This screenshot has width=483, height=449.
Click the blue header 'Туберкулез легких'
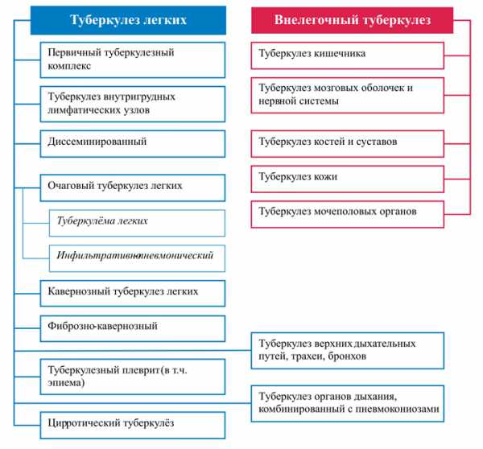pyautogui.click(x=128, y=20)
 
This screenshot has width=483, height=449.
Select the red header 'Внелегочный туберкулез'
pyautogui.click(x=352, y=20)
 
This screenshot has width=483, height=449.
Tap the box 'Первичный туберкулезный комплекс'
pyautogui.click(x=133, y=60)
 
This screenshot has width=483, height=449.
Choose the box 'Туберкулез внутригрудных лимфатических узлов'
pyautogui.click(x=133, y=104)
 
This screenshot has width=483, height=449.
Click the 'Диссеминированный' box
pyautogui.click(x=133, y=144)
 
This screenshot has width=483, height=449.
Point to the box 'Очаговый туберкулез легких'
pyautogui.click(x=133, y=187)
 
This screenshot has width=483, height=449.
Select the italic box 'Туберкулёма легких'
pyautogui.click(x=137, y=223)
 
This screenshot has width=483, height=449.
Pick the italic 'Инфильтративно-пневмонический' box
pyautogui.click(x=137, y=258)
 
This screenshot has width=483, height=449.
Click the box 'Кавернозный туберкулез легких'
pyautogui.click(x=133, y=294)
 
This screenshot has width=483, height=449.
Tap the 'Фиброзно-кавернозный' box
pyautogui.click(x=133, y=328)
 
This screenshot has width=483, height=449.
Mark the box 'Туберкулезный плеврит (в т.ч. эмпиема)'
pyautogui.click(x=133, y=377)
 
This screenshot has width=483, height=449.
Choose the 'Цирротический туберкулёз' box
pyautogui.click(x=133, y=426)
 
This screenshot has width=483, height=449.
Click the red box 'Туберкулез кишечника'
pyautogui.click(x=348, y=56)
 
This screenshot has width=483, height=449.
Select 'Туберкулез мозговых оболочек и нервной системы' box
pyautogui.click(x=348, y=96)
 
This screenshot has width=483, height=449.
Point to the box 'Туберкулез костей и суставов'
pyautogui.click(x=348, y=144)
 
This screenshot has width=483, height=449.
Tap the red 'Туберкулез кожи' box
pyautogui.click(x=348, y=179)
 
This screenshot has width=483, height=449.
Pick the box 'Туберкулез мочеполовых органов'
pyautogui.click(x=348, y=214)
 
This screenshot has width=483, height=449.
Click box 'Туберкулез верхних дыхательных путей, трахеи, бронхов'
pyautogui.click(x=348, y=351)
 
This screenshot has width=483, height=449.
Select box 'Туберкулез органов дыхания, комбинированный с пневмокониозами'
pyautogui.click(x=348, y=403)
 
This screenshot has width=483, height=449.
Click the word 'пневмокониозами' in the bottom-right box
pyautogui.click(x=398, y=410)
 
